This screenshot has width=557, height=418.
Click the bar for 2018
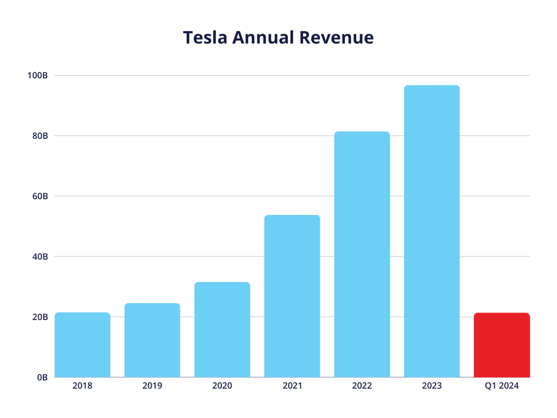pos(83,345)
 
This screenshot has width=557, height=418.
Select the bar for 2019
pos(152,340)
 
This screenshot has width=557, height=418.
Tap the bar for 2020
pos(222,330)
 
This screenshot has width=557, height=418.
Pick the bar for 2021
pos(292,296)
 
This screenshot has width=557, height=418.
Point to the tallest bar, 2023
pos(432,231)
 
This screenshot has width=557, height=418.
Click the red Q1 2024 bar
pos(502,345)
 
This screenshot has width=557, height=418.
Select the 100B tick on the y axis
pos(38,75)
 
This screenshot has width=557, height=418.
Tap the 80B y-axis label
pos(40,136)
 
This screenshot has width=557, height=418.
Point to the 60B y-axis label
pos(40,196)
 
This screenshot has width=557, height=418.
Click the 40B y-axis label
pos(40,256)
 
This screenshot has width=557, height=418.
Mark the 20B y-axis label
pos(40,317)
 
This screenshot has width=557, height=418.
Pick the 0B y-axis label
pos(42,377)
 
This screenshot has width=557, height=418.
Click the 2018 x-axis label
pos(83,386)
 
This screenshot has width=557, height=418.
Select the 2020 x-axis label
pos(222,386)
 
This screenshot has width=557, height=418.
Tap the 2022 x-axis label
pos(362,386)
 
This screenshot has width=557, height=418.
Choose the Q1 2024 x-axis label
pos(502,386)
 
